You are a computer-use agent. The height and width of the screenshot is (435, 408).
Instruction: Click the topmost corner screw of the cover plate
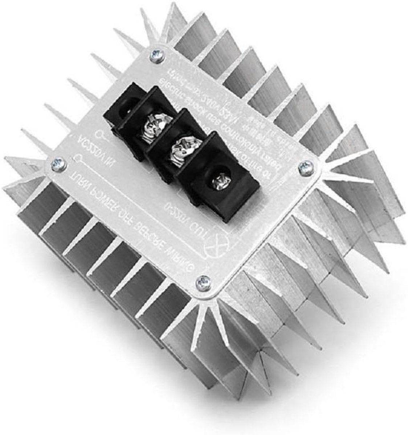click(157, 55)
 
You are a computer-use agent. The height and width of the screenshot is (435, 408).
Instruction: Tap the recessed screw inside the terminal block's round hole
click(218, 179)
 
